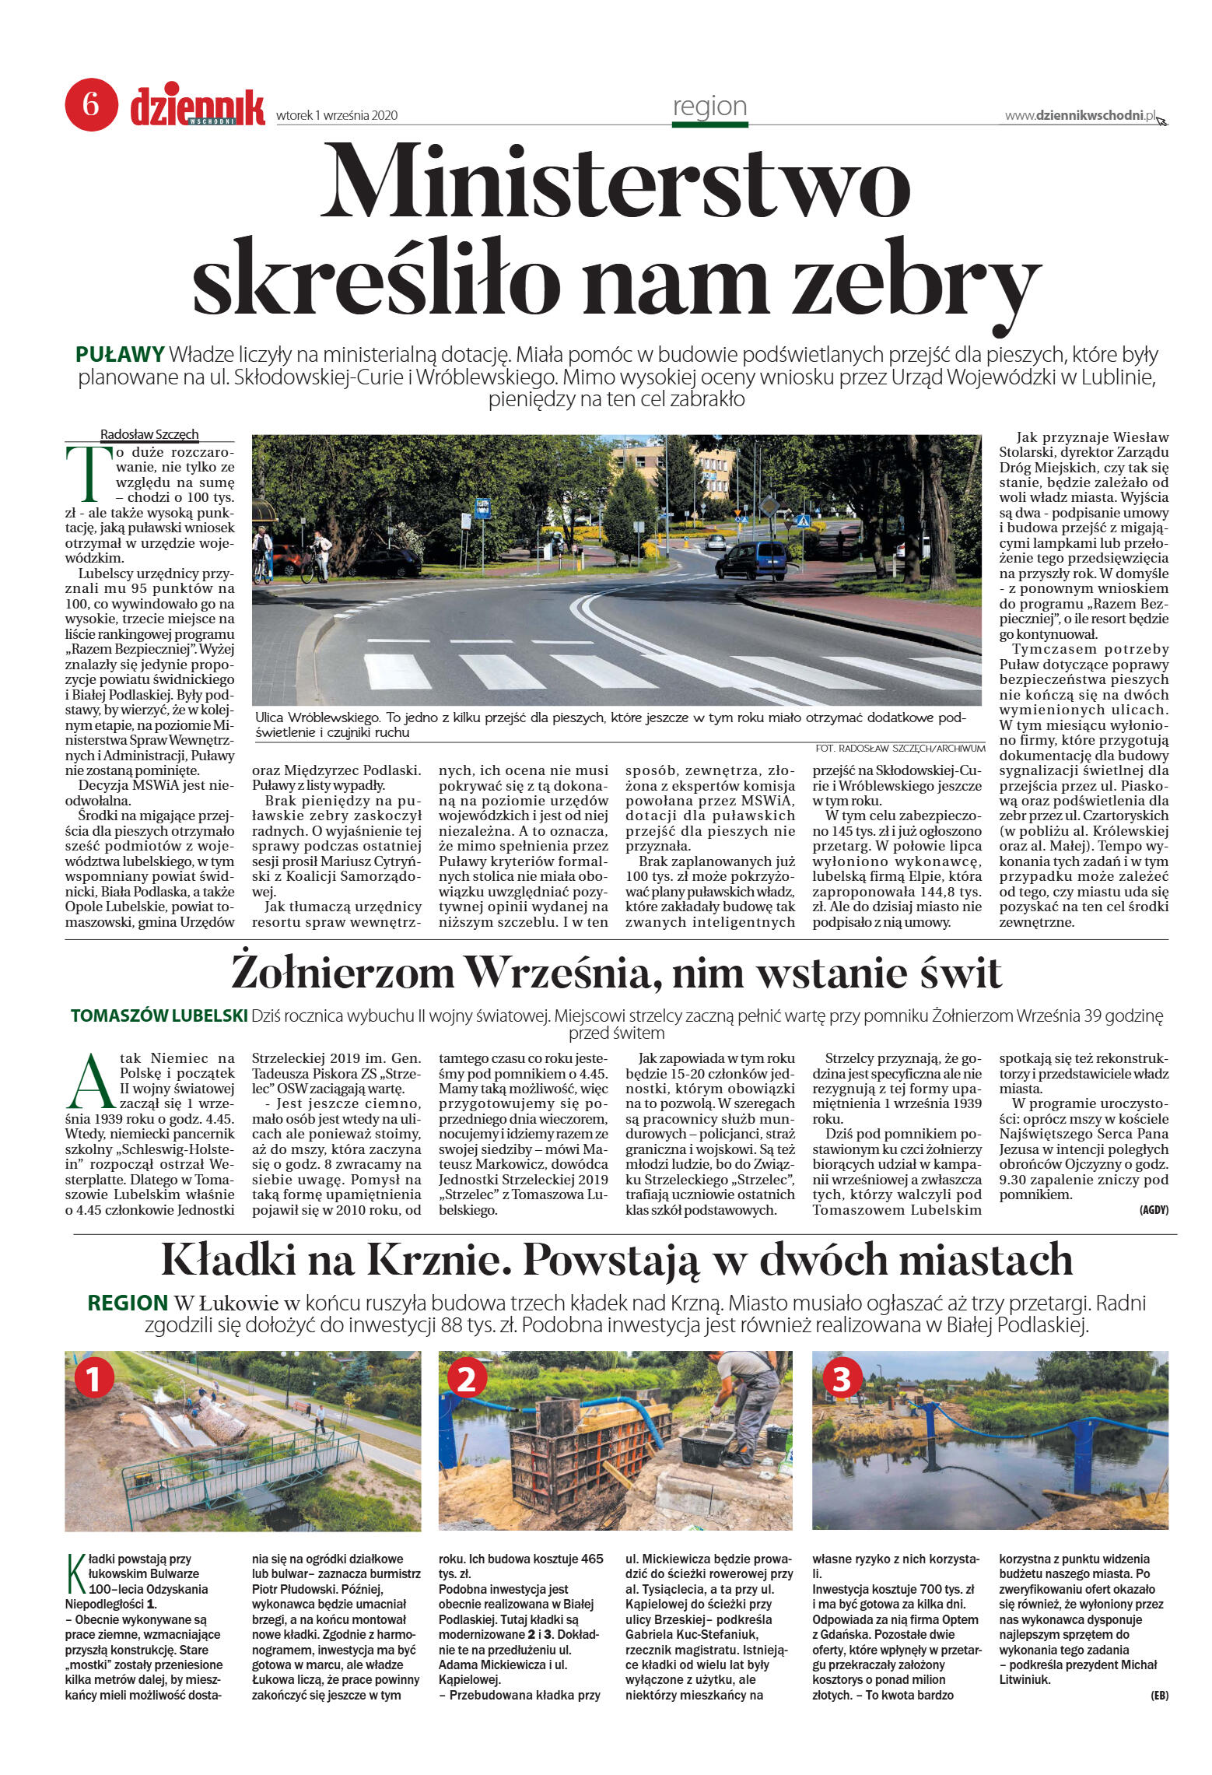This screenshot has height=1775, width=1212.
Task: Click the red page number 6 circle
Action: tap(91, 104)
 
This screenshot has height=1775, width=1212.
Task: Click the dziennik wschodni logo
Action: tap(197, 107)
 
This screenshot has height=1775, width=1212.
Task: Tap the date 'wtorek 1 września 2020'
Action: tap(336, 115)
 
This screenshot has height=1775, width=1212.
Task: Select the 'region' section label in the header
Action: tap(709, 106)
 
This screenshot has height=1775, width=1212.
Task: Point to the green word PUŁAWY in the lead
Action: tap(120, 355)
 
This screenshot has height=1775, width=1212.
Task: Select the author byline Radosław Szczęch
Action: tap(149, 434)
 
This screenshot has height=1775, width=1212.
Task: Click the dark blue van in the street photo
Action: tap(751, 559)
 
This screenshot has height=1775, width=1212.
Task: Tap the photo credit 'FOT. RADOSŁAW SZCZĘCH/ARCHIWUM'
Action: tap(900, 748)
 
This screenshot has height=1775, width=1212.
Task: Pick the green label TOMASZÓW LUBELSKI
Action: tap(159, 1016)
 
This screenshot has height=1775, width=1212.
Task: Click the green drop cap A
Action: tap(90, 1082)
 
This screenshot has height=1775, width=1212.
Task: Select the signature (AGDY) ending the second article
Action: tap(1153, 1210)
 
